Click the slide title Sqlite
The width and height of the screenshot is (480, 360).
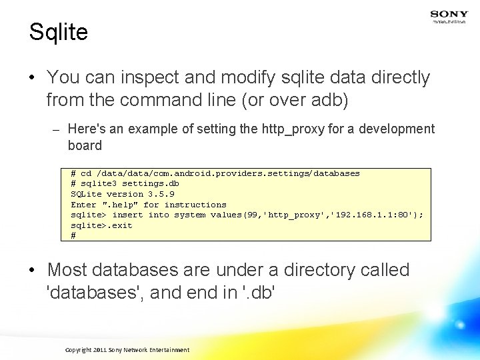59,32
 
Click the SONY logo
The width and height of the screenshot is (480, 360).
449,13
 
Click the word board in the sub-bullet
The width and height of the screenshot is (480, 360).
85,145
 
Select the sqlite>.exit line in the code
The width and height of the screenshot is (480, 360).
101,225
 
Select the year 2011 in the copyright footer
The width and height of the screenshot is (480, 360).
99,350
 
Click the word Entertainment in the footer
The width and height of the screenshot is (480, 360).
169,350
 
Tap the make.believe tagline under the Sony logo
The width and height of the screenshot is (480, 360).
449,21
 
